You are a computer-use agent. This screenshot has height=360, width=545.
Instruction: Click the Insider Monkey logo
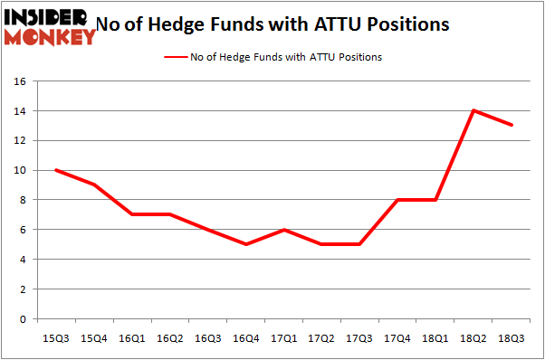[x=51, y=25]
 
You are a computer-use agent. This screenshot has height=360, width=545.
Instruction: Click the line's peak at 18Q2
[x=474, y=111]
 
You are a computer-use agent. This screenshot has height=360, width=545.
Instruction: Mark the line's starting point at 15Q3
[x=57, y=170]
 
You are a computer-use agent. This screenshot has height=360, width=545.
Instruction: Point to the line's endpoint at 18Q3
[x=512, y=126]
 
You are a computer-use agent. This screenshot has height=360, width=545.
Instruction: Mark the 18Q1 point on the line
[x=436, y=200]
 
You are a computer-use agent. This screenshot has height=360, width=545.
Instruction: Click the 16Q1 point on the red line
[x=133, y=214]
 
